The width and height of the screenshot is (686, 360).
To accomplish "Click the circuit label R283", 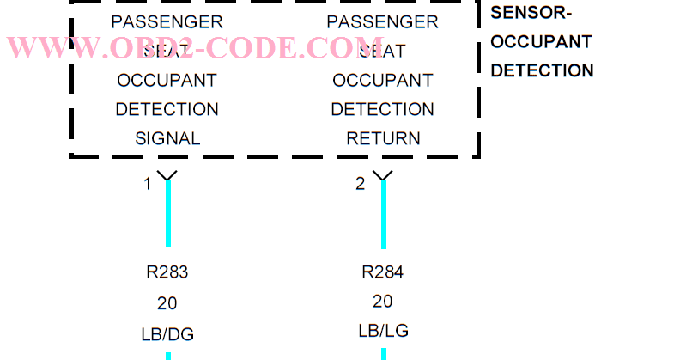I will click(x=167, y=273).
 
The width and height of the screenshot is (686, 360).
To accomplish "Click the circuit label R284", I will click(x=383, y=273).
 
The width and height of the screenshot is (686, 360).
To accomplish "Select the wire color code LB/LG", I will click(x=383, y=331).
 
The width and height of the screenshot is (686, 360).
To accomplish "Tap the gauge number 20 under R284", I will click(x=383, y=302).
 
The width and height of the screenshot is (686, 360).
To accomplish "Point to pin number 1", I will click(x=148, y=184).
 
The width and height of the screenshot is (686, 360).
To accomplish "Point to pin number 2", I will click(x=361, y=184).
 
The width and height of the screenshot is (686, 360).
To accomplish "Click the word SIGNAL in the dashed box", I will click(x=167, y=138).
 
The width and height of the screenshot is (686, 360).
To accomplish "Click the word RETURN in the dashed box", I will click(x=383, y=138).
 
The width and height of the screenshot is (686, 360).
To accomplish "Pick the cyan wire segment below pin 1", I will click(x=168, y=215).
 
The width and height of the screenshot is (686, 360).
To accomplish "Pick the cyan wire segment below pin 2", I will click(x=384, y=215).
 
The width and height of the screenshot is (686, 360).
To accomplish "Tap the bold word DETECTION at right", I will click(x=542, y=70).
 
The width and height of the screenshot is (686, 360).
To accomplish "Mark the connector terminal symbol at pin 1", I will click(x=168, y=176).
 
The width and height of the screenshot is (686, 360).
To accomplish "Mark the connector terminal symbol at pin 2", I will click(x=384, y=176).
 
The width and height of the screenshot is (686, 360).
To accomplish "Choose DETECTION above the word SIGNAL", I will click(x=167, y=109).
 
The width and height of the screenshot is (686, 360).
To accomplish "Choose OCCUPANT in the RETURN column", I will click(x=383, y=81).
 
